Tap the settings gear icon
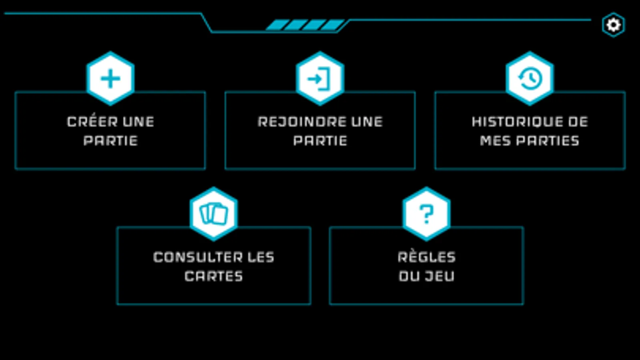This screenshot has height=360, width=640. coord(613,25)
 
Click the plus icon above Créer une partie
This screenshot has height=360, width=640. coord(110,78)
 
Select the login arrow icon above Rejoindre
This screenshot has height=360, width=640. coord(320,78)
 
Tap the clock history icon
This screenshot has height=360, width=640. coord(530,78)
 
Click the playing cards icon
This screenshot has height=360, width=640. coord(214,214)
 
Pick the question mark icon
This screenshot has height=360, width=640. coord(427,214)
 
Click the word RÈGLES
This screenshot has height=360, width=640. coord(427,257)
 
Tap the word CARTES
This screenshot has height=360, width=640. coord(214,276)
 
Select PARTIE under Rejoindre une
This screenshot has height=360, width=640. coord(320,141)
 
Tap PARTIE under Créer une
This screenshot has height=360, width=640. coord(110,141)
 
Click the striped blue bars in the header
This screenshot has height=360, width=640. coord(305,25)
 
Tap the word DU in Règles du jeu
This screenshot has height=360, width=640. coord(409,276)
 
